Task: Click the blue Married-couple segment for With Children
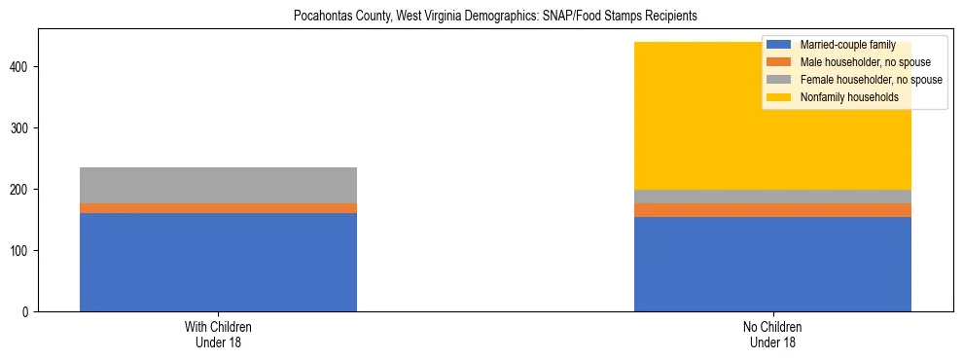(218, 262)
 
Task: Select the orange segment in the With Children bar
(218, 208)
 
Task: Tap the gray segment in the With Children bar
(218, 185)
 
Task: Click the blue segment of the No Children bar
(772, 264)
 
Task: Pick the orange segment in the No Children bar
(772, 210)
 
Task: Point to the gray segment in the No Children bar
(772, 197)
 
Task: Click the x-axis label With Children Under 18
(218, 335)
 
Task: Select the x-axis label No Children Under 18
(772, 335)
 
